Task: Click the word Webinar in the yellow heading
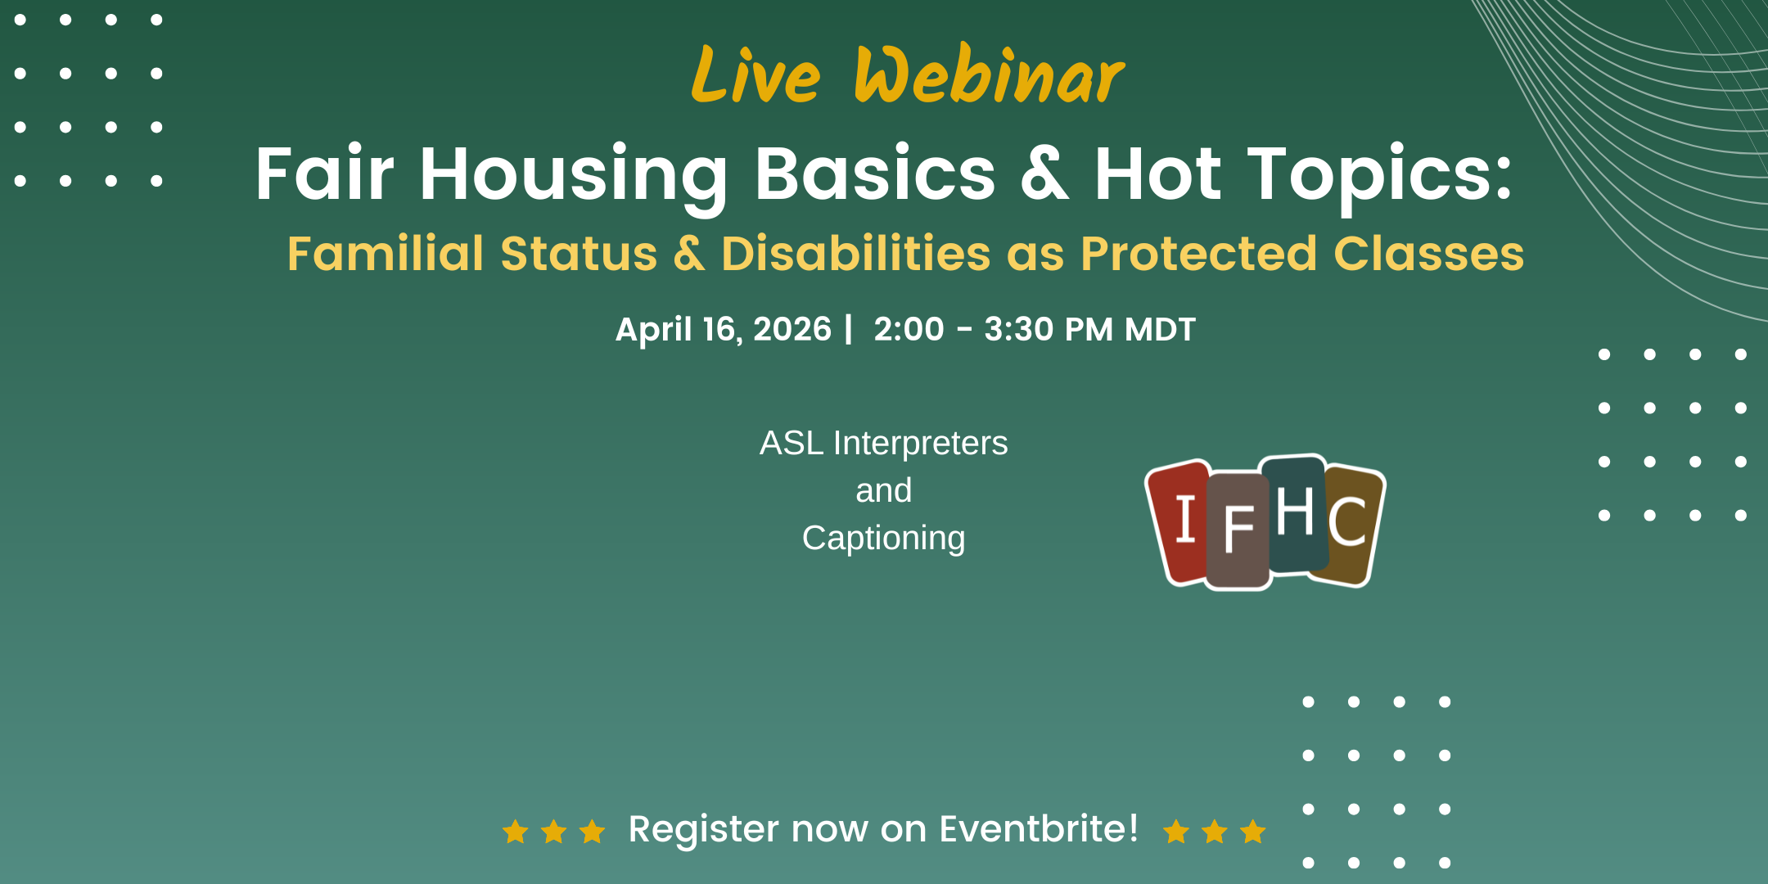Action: tap(990, 74)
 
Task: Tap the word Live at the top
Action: tap(755, 74)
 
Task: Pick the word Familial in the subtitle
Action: tap(386, 253)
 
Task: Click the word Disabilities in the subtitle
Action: tap(856, 253)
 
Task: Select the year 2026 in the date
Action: tap(792, 329)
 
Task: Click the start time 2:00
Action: tap(909, 329)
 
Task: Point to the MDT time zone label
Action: tap(1161, 329)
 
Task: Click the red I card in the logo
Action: tap(1179, 522)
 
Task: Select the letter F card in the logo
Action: tap(1238, 530)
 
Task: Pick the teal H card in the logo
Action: tap(1296, 514)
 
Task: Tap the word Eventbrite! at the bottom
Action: tap(1039, 828)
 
